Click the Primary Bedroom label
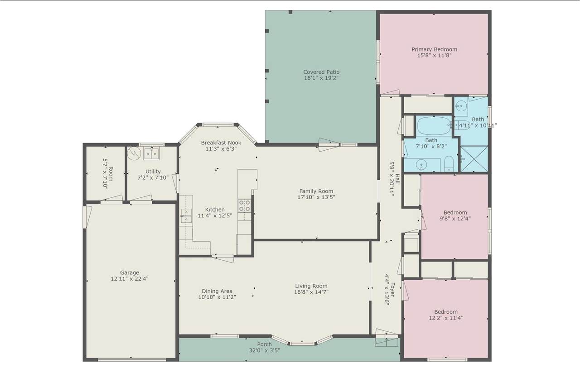(x=434, y=49)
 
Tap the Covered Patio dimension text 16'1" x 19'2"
(x=321, y=78)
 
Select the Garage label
(x=130, y=272)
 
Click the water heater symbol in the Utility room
(x=134, y=153)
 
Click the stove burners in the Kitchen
(x=244, y=205)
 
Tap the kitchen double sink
(x=186, y=216)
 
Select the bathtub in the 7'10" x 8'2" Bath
(x=434, y=126)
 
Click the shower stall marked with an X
(x=474, y=159)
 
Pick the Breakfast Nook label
(x=221, y=143)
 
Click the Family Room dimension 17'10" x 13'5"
(x=316, y=197)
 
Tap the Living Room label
(x=311, y=286)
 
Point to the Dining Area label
(x=217, y=291)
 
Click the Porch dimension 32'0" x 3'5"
(x=264, y=350)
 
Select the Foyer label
(x=392, y=289)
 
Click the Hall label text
(x=397, y=179)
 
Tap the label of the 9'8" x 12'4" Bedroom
(x=455, y=212)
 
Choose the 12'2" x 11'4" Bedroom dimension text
(x=446, y=318)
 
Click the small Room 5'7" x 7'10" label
(x=111, y=174)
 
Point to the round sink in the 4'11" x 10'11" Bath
(x=461, y=105)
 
